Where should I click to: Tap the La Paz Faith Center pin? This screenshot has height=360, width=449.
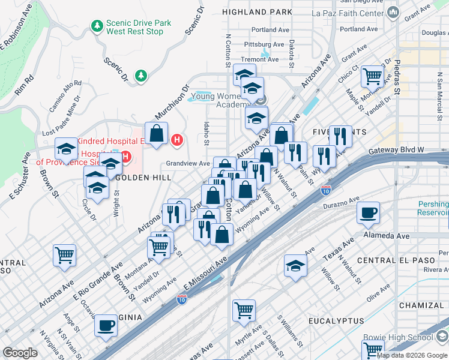tap(393, 12)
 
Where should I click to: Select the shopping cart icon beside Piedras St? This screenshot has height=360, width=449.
tap(373, 76)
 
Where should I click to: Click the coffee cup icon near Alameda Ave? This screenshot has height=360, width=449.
tap(368, 212)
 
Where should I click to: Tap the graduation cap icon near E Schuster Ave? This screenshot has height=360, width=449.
tap(66, 148)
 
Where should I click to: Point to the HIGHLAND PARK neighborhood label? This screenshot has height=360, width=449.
tap(257, 12)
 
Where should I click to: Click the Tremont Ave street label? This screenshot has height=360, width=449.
tap(260, 59)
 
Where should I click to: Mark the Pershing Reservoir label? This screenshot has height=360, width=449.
tap(433, 209)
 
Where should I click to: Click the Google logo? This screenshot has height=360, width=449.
tap(20, 353)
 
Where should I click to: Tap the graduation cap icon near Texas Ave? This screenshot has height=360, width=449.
tap(295, 265)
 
